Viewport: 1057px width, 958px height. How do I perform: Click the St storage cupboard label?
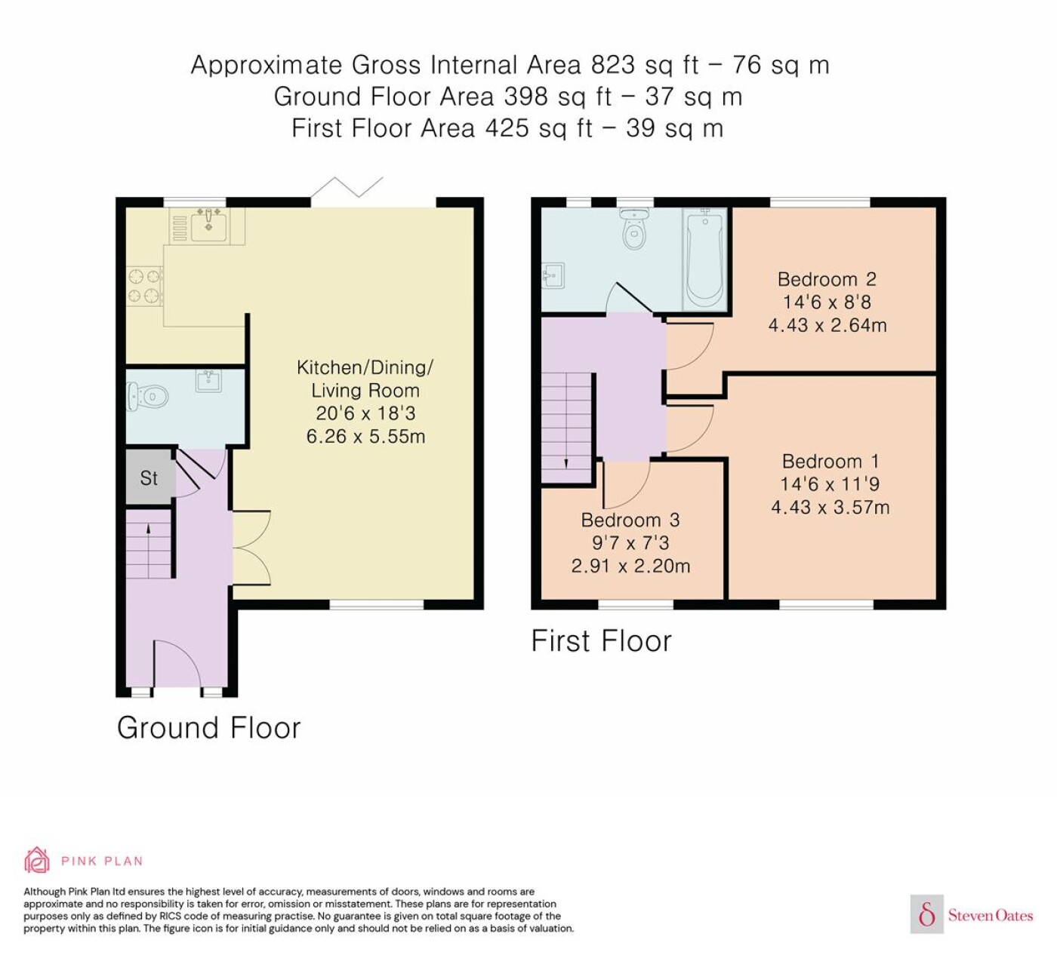click(149, 478)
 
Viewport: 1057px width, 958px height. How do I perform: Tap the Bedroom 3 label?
click(630, 520)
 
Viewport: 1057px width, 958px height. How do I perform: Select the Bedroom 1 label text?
click(830, 462)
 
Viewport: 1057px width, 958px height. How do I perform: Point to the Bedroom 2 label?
click(827, 279)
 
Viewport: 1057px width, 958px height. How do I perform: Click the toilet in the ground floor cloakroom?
click(147, 397)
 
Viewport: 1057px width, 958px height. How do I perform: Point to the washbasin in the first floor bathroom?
click(553, 275)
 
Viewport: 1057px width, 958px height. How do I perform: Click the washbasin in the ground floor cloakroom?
click(208, 381)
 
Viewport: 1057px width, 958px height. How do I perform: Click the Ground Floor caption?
click(208, 728)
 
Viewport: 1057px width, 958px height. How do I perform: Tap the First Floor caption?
click(601, 641)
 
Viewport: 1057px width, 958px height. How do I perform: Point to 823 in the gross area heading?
click(613, 66)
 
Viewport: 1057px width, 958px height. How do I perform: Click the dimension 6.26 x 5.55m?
click(365, 437)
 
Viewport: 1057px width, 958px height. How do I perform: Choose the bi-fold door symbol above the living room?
click(347, 188)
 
